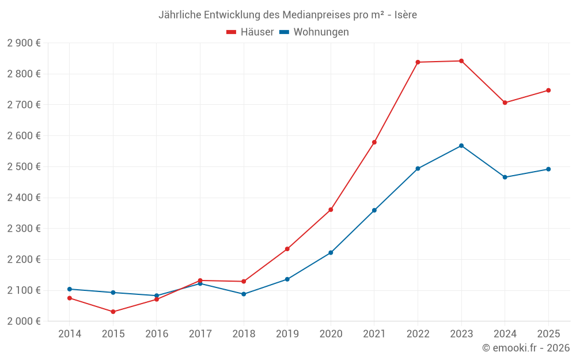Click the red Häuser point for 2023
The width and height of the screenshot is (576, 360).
(461, 61)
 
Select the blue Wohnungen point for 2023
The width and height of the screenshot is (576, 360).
(461, 146)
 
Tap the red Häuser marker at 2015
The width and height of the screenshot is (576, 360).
(113, 312)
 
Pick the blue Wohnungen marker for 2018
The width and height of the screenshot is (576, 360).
(244, 294)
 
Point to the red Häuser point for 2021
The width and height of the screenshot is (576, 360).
(374, 142)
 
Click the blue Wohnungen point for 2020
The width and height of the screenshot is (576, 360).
(331, 253)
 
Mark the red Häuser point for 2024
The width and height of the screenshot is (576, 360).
(505, 103)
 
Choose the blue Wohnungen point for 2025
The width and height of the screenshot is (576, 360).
(548, 169)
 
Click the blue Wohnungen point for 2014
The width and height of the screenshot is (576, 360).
(70, 289)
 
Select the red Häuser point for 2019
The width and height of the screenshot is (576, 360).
(287, 249)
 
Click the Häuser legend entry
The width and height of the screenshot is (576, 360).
(250, 32)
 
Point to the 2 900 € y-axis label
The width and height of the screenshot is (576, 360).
(24, 43)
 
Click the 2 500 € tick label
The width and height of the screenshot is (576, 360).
(24, 167)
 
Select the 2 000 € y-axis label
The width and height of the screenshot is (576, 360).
(24, 321)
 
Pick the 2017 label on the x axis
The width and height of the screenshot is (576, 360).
(200, 334)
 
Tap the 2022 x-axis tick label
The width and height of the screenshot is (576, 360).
(418, 334)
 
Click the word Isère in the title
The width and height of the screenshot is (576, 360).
(406, 15)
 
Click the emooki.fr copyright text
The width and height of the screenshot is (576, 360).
(526, 348)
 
